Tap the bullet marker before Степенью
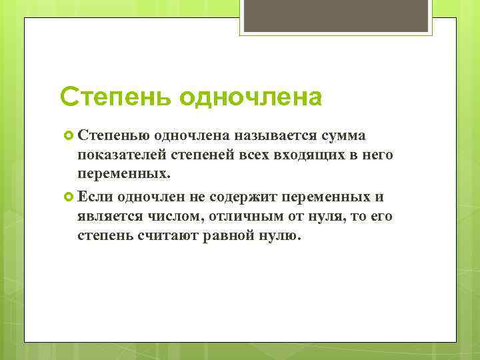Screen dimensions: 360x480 pos(69,136)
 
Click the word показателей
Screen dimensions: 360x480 pos(117,155)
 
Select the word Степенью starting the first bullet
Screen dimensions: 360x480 pos(113,136)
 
